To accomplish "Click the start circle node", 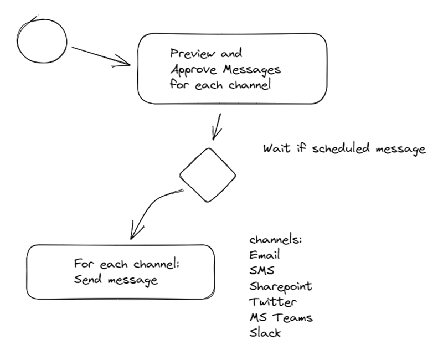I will coord(42,41).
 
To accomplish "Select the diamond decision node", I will coord(208,175).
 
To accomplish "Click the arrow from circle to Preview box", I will coord(100,54).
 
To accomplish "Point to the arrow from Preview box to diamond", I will coord(218,127).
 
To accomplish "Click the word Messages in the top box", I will coord(252,70).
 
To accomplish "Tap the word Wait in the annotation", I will coord(275,149).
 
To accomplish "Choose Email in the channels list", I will coord(265,255).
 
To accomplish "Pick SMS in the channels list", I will coord(262,271).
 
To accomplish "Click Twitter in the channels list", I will coord(273,302).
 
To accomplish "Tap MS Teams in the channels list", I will coord(281,317).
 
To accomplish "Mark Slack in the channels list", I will coord(265,333).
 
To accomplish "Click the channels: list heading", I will coord(275,240).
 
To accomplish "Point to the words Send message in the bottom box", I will coord(116,280).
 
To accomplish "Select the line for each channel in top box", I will coord(220,86).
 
